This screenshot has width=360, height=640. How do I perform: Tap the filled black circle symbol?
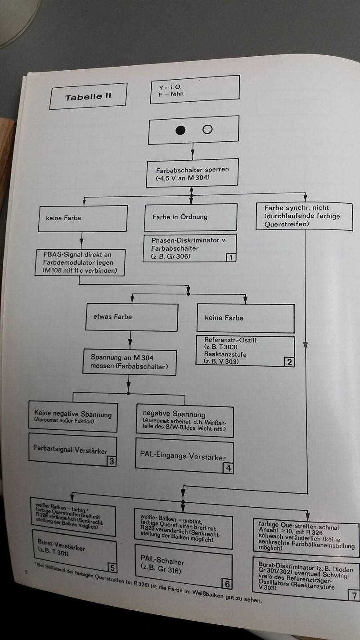(x=180, y=130)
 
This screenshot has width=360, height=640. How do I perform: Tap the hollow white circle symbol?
(x=207, y=130)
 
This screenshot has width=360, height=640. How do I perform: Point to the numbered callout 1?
(x=230, y=258)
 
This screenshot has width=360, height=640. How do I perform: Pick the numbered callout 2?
(x=289, y=361)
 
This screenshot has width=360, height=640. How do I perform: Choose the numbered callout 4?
(x=228, y=468)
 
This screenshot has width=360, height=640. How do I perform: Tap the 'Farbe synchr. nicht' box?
(x=305, y=215)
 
